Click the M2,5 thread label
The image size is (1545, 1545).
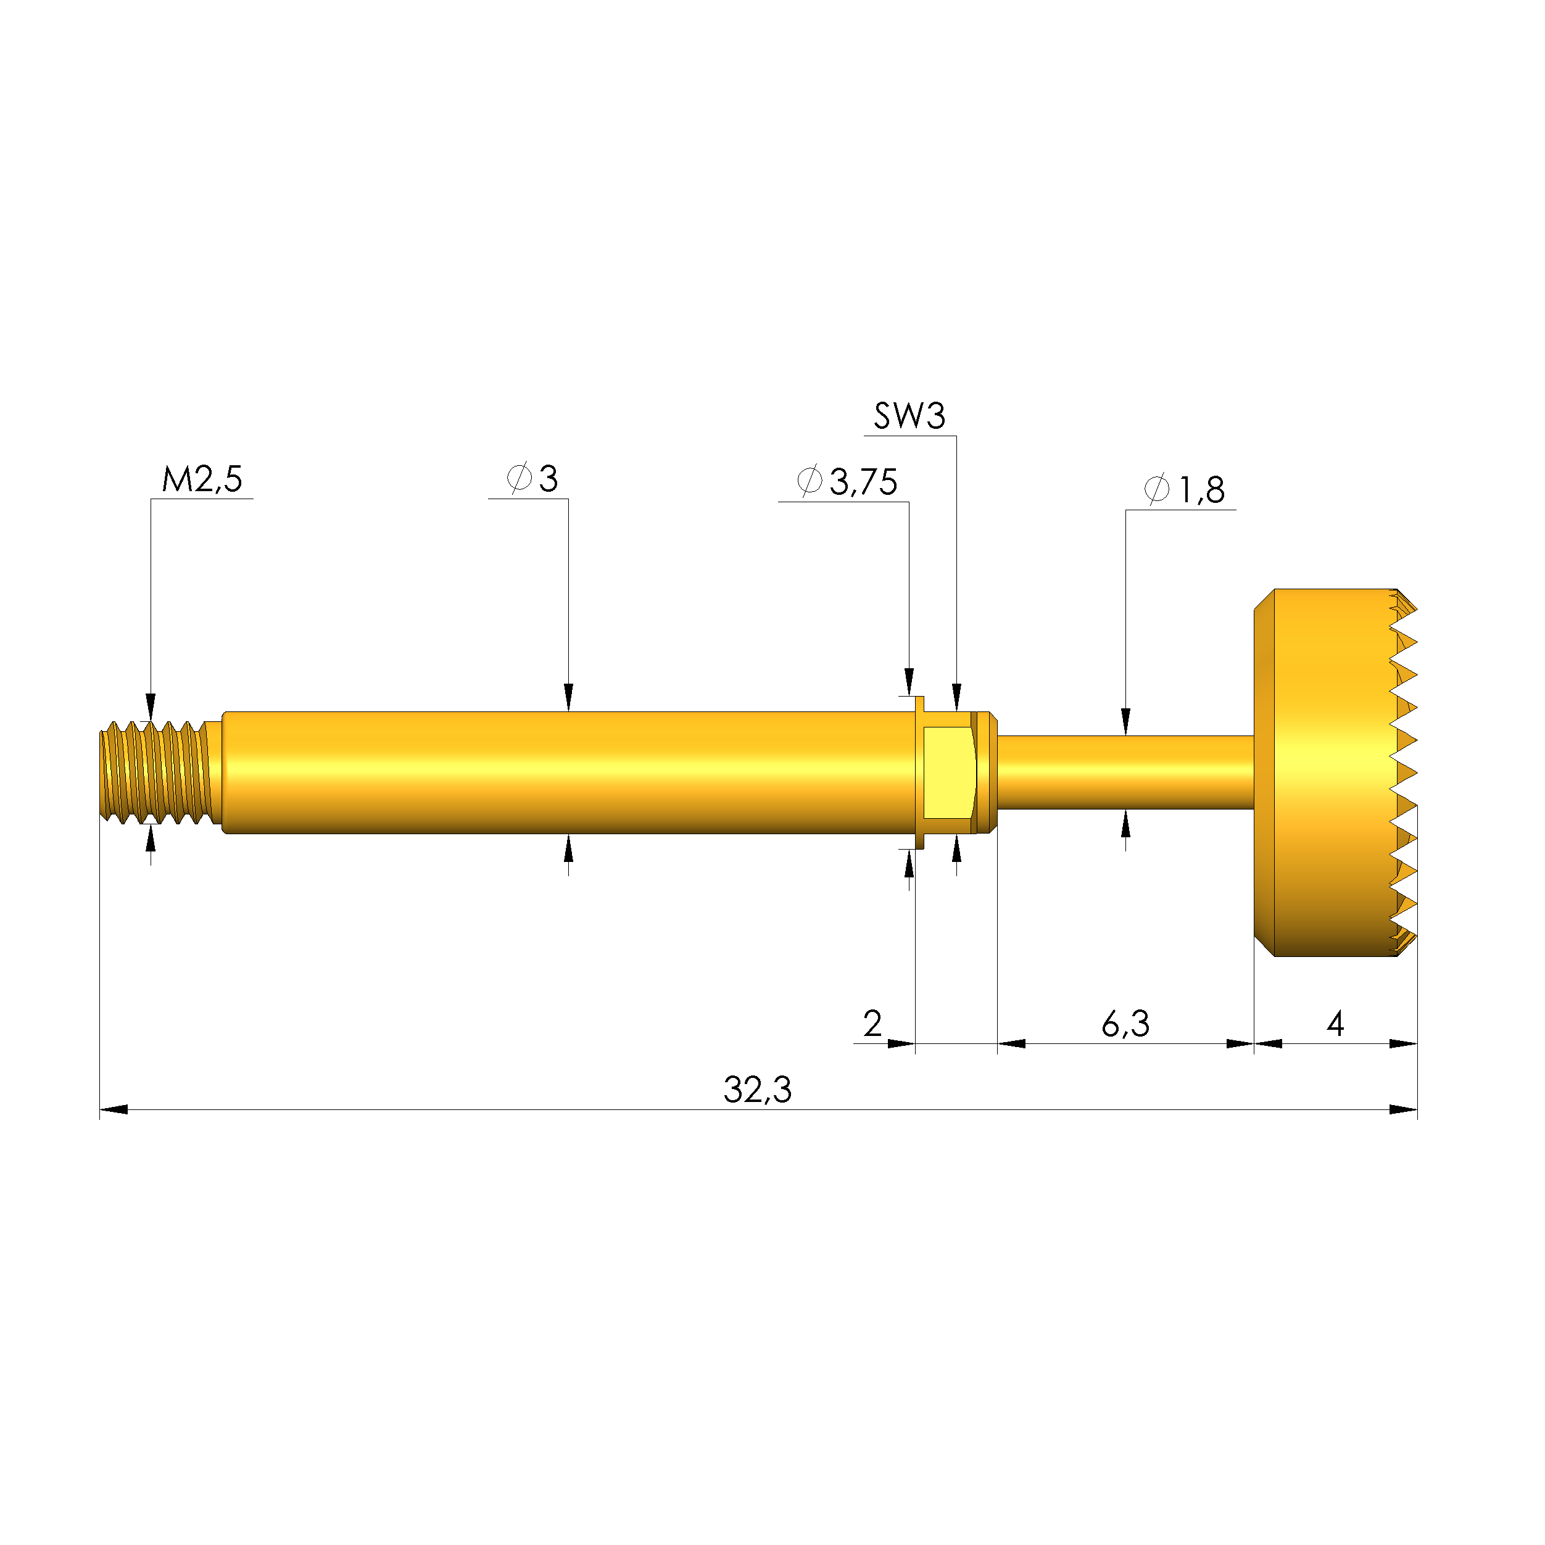[x=202, y=479]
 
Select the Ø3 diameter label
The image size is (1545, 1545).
[x=532, y=478]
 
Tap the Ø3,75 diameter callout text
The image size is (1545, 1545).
[x=847, y=481]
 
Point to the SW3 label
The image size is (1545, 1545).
[x=909, y=416]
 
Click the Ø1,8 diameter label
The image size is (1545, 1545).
[x=1184, y=489]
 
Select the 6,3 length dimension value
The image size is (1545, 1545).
[x=1125, y=1024]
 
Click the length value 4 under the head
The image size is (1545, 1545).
[x=1335, y=1024]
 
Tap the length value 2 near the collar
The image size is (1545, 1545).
[x=872, y=1024]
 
